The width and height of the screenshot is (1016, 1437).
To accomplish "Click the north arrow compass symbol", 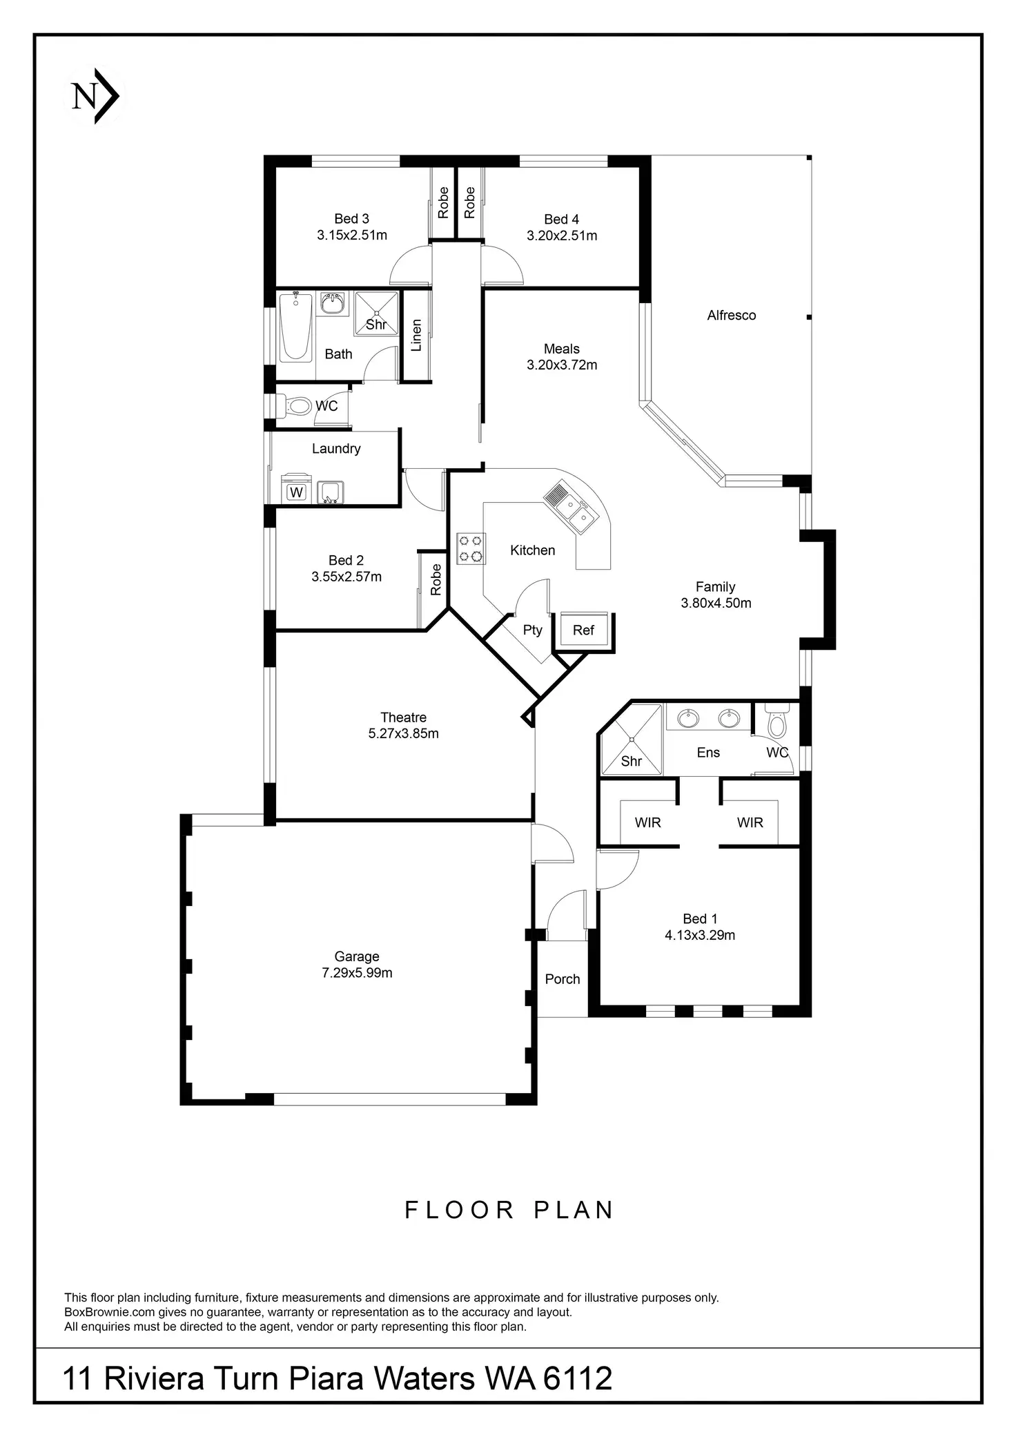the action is (x=95, y=97).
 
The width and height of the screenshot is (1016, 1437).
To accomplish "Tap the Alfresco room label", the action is (x=731, y=316).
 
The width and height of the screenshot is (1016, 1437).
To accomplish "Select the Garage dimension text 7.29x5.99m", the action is (x=357, y=973).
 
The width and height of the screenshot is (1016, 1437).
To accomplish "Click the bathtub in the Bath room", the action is (x=296, y=326).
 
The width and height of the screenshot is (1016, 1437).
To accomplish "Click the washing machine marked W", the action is (x=296, y=492).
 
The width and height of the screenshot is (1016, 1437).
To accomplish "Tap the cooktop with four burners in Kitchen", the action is (x=470, y=548).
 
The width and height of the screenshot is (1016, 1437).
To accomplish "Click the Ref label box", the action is (x=583, y=630).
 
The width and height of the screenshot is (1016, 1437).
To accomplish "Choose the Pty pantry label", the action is (x=532, y=630).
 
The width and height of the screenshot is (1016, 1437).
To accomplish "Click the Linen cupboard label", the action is (x=416, y=335).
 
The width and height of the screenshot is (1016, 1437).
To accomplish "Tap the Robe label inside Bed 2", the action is (x=436, y=580).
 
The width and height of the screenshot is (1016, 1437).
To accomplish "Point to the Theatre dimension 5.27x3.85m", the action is (x=403, y=733).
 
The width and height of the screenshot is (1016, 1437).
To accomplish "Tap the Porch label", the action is (x=562, y=979).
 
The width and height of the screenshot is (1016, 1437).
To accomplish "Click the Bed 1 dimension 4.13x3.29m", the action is (x=699, y=936).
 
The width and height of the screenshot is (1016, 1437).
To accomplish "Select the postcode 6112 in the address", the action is (x=578, y=1379).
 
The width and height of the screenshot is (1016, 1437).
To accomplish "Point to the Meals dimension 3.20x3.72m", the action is (x=562, y=365).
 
